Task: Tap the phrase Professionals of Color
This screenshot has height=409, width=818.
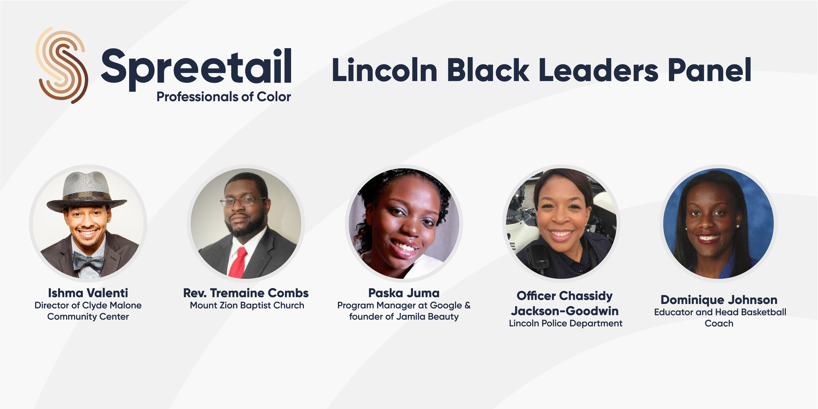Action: (223, 97)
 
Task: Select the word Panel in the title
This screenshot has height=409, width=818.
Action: (709, 70)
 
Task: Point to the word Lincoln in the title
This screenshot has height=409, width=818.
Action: (385, 70)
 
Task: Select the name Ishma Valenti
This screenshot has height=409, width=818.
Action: (88, 293)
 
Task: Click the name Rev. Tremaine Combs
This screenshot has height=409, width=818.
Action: (246, 293)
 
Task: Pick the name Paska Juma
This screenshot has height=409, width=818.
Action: (404, 293)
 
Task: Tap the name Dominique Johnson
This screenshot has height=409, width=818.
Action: (719, 300)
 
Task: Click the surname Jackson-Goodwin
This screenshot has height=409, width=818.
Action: (565, 311)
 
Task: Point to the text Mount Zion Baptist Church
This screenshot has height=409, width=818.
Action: (247, 306)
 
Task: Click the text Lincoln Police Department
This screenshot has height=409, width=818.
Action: (566, 323)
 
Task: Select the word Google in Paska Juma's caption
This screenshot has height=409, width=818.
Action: (446, 306)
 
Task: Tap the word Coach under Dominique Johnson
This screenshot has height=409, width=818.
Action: (719, 324)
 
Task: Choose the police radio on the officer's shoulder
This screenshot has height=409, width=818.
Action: (535, 257)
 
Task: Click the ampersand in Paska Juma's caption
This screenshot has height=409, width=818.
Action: (467, 306)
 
